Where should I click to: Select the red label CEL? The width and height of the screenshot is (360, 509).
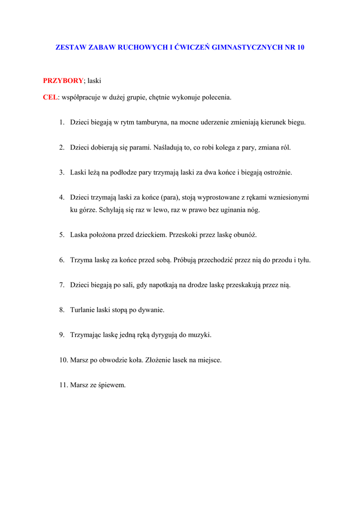pyautogui.click(x=50, y=97)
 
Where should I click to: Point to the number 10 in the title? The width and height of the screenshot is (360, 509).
pyautogui.click(x=300, y=48)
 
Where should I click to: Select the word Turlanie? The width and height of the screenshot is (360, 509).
pyautogui.click(x=83, y=310)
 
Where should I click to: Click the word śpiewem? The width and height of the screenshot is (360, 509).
pyautogui.click(x=113, y=384)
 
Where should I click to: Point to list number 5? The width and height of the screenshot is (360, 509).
pyautogui.click(x=62, y=235)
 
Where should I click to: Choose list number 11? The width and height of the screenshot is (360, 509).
pyautogui.click(x=63, y=384)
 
